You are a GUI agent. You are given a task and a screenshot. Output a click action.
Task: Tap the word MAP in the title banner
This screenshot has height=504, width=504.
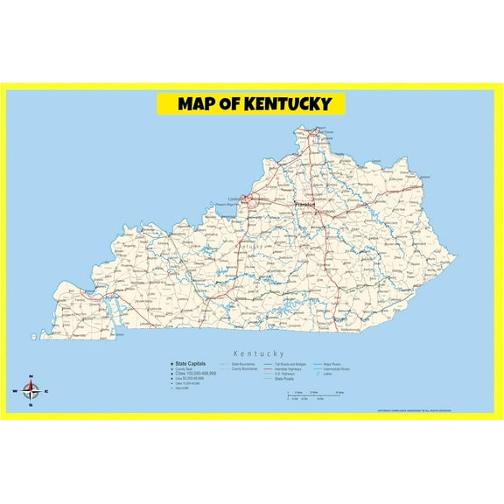point(197,104)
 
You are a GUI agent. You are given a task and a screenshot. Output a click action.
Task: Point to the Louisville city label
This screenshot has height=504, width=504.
point(234,199)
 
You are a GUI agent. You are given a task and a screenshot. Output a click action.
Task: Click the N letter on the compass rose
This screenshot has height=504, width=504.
point(31,377)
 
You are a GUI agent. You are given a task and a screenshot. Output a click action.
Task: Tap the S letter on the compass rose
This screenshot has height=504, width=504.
point(31,405)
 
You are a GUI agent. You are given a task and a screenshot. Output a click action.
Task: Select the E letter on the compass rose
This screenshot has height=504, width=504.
point(46,391)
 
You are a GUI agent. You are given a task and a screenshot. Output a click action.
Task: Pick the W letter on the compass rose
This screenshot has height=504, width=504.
point(15,391)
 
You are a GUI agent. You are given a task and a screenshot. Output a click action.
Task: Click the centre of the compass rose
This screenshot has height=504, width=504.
point(31,391)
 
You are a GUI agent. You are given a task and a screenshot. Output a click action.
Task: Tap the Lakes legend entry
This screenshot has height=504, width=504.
point(325,374)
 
